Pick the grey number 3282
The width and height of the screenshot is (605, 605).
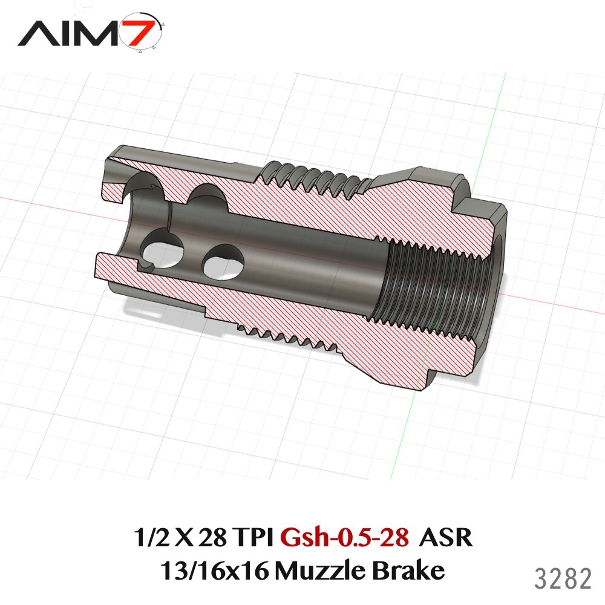point(563,579)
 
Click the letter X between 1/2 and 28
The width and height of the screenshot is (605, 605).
point(178,537)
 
